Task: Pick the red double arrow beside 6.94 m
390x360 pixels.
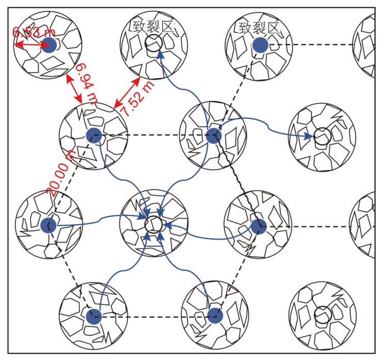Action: point(74,87)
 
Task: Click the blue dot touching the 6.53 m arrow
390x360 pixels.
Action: point(49,45)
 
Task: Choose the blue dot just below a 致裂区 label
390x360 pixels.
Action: point(259,45)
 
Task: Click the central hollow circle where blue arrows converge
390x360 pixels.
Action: point(153,224)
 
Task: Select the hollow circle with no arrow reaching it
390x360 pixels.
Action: point(323,314)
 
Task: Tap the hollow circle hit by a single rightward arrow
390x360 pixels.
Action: point(323,136)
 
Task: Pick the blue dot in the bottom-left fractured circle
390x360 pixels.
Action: point(93,317)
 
